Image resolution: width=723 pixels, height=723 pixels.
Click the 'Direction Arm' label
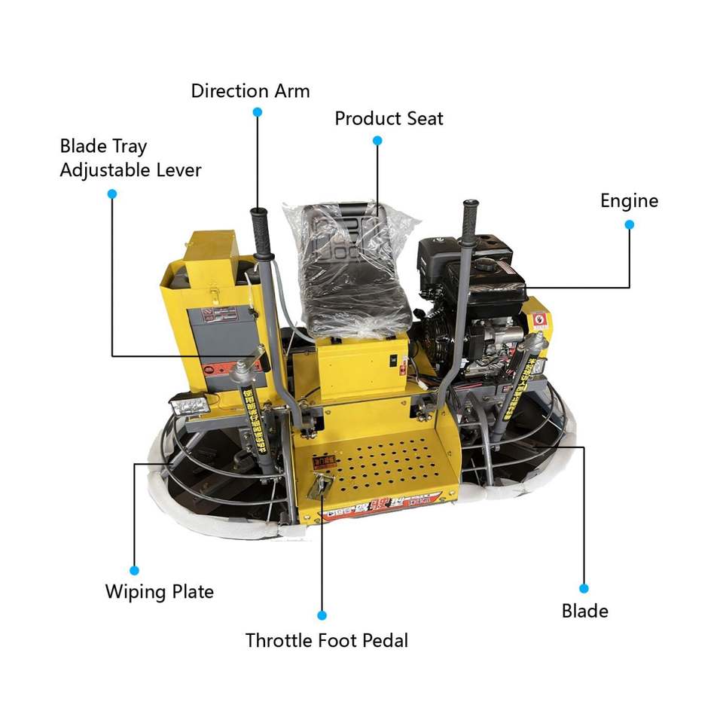pyautogui.click(x=250, y=91)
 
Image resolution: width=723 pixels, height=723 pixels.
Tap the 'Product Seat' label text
pyautogui.click(x=389, y=118)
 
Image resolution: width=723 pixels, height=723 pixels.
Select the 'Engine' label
pyautogui.click(x=629, y=200)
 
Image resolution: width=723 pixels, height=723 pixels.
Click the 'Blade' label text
pyautogui.click(x=584, y=610)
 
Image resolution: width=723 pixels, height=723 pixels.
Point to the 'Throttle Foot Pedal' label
pyautogui.click(x=326, y=641)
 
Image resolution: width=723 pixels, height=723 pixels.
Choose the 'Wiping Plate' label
pyautogui.click(x=159, y=591)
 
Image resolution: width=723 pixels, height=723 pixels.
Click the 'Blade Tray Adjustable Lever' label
pyautogui.click(x=130, y=157)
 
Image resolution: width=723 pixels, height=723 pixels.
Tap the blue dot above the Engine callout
pyautogui.click(x=630, y=224)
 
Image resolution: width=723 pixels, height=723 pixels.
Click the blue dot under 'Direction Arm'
pyautogui.click(x=257, y=111)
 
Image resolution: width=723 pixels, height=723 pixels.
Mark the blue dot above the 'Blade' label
pyautogui.click(x=584, y=588)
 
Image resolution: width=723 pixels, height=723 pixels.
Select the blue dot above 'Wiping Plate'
pyautogui.click(x=135, y=570)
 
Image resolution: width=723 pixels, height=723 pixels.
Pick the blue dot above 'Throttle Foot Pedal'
pyautogui.click(x=322, y=615)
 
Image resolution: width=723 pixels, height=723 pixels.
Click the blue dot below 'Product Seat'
pyautogui.click(x=377, y=140)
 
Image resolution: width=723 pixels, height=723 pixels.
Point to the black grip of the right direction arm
pyautogui.click(x=471, y=221)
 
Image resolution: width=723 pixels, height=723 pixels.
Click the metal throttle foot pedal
pyautogui.click(x=319, y=486)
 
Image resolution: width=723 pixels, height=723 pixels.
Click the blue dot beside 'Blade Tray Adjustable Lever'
pyautogui.click(x=112, y=194)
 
